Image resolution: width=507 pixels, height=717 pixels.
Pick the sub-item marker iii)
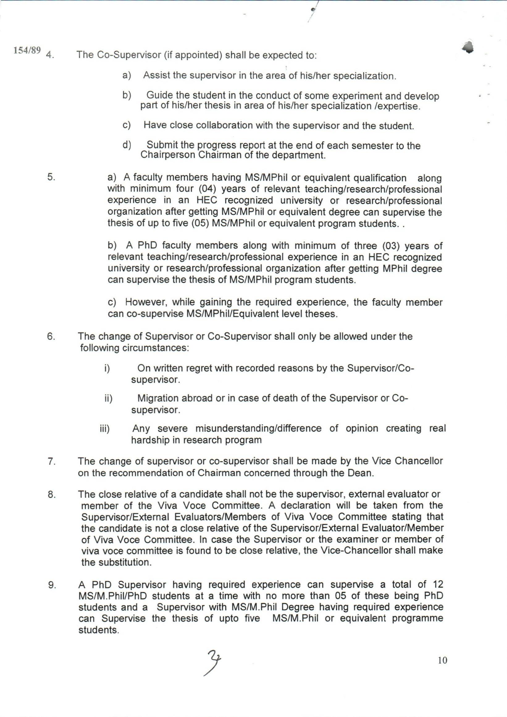tap(105, 429)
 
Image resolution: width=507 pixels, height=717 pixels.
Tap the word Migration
tap(159, 398)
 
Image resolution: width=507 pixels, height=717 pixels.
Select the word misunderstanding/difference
tap(258, 428)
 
